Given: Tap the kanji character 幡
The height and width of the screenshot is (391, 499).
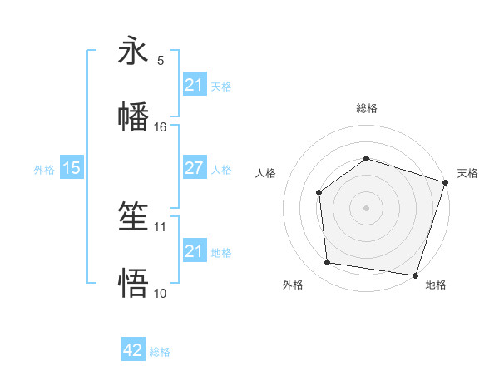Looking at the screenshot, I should [133, 116].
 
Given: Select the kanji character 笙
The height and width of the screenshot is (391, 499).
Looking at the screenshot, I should [133, 217].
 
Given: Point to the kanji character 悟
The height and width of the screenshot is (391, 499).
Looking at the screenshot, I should [133, 283].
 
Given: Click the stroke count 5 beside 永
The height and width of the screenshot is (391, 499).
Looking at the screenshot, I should [161, 61].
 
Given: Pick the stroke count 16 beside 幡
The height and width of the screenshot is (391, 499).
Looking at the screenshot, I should [161, 126].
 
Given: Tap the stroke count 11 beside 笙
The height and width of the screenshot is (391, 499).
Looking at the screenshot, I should [161, 226].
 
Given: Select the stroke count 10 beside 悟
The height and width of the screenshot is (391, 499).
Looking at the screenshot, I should [161, 293].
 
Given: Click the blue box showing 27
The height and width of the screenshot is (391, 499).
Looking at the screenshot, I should [194, 168].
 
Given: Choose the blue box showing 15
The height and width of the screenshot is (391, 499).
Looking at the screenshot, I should [72, 168].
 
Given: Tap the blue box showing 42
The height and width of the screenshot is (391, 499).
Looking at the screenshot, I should [133, 350].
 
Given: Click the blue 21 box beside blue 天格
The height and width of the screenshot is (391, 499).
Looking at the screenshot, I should [194, 85].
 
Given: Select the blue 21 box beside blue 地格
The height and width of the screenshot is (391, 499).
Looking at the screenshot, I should [194, 251].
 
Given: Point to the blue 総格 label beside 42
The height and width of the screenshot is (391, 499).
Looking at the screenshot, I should [160, 352].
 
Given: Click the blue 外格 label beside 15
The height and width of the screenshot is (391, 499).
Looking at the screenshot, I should [44, 169].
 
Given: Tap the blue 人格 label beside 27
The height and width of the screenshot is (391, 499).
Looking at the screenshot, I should [221, 169].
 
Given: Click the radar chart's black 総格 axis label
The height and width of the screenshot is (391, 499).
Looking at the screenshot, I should [366, 108].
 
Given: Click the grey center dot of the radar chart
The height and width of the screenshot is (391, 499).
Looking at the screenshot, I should [366, 208].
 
